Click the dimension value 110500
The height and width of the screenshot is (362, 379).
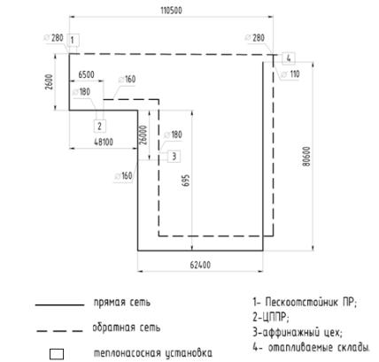point(171,11)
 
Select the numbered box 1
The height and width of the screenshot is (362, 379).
point(73,40)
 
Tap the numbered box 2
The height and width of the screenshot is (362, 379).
point(100,126)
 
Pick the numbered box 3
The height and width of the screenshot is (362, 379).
point(174,156)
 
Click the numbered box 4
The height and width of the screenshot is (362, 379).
point(289,58)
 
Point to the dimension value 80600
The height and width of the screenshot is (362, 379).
point(306,157)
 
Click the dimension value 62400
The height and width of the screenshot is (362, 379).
point(200,265)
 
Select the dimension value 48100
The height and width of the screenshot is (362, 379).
point(104,142)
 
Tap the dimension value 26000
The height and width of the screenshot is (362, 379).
point(143,135)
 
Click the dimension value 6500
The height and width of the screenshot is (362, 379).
point(86,74)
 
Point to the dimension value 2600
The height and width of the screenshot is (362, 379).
point(50,82)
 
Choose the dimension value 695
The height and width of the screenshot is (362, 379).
point(186,181)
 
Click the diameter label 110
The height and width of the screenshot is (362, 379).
point(295,74)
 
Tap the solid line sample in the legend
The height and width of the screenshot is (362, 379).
point(59,304)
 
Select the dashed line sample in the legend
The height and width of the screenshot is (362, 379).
point(59,331)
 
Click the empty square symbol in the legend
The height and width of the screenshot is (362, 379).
point(57,354)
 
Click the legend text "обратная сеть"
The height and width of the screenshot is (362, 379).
point(127,327)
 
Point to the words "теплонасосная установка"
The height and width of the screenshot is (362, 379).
point(153,353)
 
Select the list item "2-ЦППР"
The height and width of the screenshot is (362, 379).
point(271,318)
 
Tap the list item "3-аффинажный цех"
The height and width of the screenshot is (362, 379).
point(298,333)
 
